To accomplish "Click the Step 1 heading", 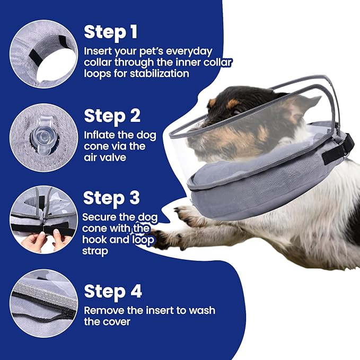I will point(111,32).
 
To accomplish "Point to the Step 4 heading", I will point(113,292).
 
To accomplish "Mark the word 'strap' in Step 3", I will point(95,251).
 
